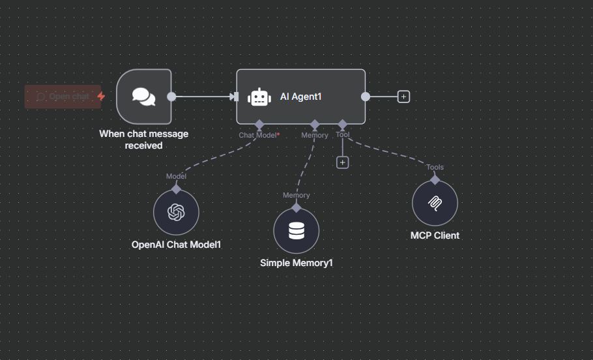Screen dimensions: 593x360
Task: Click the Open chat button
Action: click(63, 97)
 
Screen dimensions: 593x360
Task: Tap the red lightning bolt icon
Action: click(101, 96)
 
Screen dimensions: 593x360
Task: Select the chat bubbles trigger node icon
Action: click(144, 97)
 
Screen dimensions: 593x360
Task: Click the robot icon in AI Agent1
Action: click(259, 97)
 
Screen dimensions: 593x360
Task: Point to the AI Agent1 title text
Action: click(300, 97)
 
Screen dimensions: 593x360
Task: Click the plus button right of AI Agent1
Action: click(403, 97)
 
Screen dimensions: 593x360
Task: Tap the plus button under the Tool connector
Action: click(343, 162)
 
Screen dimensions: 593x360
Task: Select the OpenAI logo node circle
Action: click(176, 212)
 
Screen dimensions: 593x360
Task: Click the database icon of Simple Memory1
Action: click(296, 230)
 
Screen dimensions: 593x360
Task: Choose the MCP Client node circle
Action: click(435, 203)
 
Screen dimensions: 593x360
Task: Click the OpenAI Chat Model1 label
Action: click(176, 245)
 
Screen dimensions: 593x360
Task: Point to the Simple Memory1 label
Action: click(296, 263)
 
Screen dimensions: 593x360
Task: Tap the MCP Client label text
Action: click(435, 235)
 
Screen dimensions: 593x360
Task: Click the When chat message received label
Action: click(144, 140)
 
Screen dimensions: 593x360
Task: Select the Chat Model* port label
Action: click(259, 135)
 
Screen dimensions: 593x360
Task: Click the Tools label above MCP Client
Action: click(435, 167)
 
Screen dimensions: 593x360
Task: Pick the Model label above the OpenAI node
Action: click(176, 176)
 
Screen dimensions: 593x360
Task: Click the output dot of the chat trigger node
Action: click(171, 97)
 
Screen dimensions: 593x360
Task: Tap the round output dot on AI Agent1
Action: click(366, 97)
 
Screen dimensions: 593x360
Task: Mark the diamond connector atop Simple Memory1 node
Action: click(296, 207)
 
